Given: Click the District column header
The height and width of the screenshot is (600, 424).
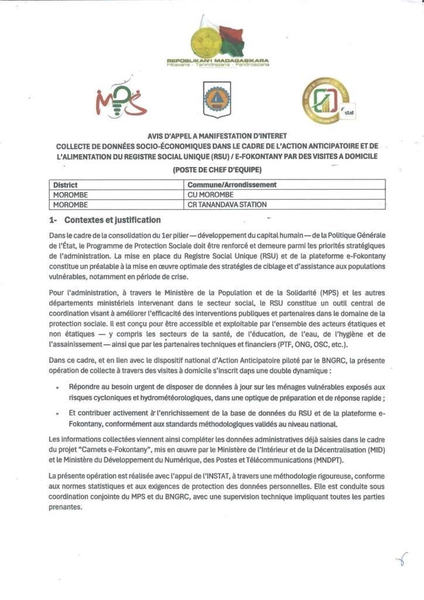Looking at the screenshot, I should point(66,185).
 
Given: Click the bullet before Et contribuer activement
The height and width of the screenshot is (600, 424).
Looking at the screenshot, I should point(57,413).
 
